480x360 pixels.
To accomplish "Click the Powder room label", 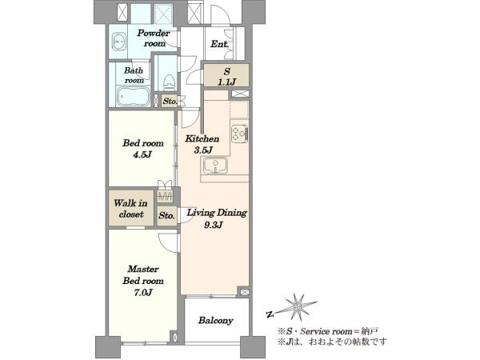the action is [x=153, y=38].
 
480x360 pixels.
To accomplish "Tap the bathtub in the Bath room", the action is [x=133, y=97].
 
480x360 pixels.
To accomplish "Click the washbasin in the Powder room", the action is [x=118, y=41].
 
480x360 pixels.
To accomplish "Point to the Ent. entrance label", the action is [x=220, y=44].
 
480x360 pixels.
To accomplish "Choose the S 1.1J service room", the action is [x=226, y=76].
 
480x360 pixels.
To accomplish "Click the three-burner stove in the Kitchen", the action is [x=240, y=134].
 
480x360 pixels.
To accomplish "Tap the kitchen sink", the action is [x=214, y=166].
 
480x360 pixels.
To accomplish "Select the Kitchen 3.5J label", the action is [x=202, y=144].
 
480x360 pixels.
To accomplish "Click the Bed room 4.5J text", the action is [x=143, y=149].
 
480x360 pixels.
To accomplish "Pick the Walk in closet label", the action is [x=130, y=209].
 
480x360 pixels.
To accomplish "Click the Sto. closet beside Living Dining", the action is [x=167, y=216].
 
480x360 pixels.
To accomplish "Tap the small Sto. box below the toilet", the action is [x=170, y=101].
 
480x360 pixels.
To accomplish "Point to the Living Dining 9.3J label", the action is [x=217, y=218].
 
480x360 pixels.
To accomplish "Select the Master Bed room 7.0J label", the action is [x=143, y=281].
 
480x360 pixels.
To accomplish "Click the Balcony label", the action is [x=215, y=321].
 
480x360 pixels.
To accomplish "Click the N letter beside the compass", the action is [x=270, y=314].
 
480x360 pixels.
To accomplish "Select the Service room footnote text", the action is [x=328, y=331].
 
